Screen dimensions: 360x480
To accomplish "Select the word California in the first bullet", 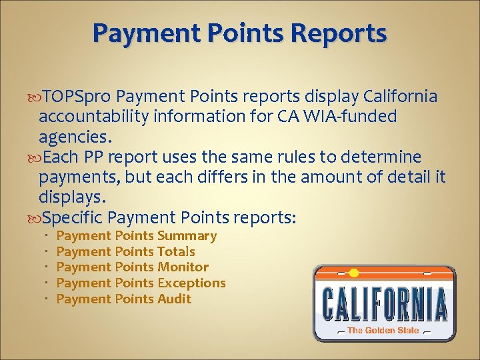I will click(x=401, y=97).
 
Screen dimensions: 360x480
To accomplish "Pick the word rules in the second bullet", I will click(x=273, y=157).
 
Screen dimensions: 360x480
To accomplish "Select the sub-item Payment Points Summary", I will click(x=137, y=236).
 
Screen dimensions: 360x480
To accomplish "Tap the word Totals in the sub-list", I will click(x=176, y=251).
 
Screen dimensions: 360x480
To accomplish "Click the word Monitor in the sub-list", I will click(x=183, y=267).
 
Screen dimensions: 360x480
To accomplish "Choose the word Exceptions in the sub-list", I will click(x=191, y=283).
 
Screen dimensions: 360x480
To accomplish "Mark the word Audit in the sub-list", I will click(x=174, y=299).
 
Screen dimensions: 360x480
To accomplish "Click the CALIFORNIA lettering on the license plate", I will click(x=385, y=303).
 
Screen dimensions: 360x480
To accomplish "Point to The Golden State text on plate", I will click(x=383, y=330).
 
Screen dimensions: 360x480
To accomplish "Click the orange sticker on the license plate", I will click(x=354, y=272).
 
